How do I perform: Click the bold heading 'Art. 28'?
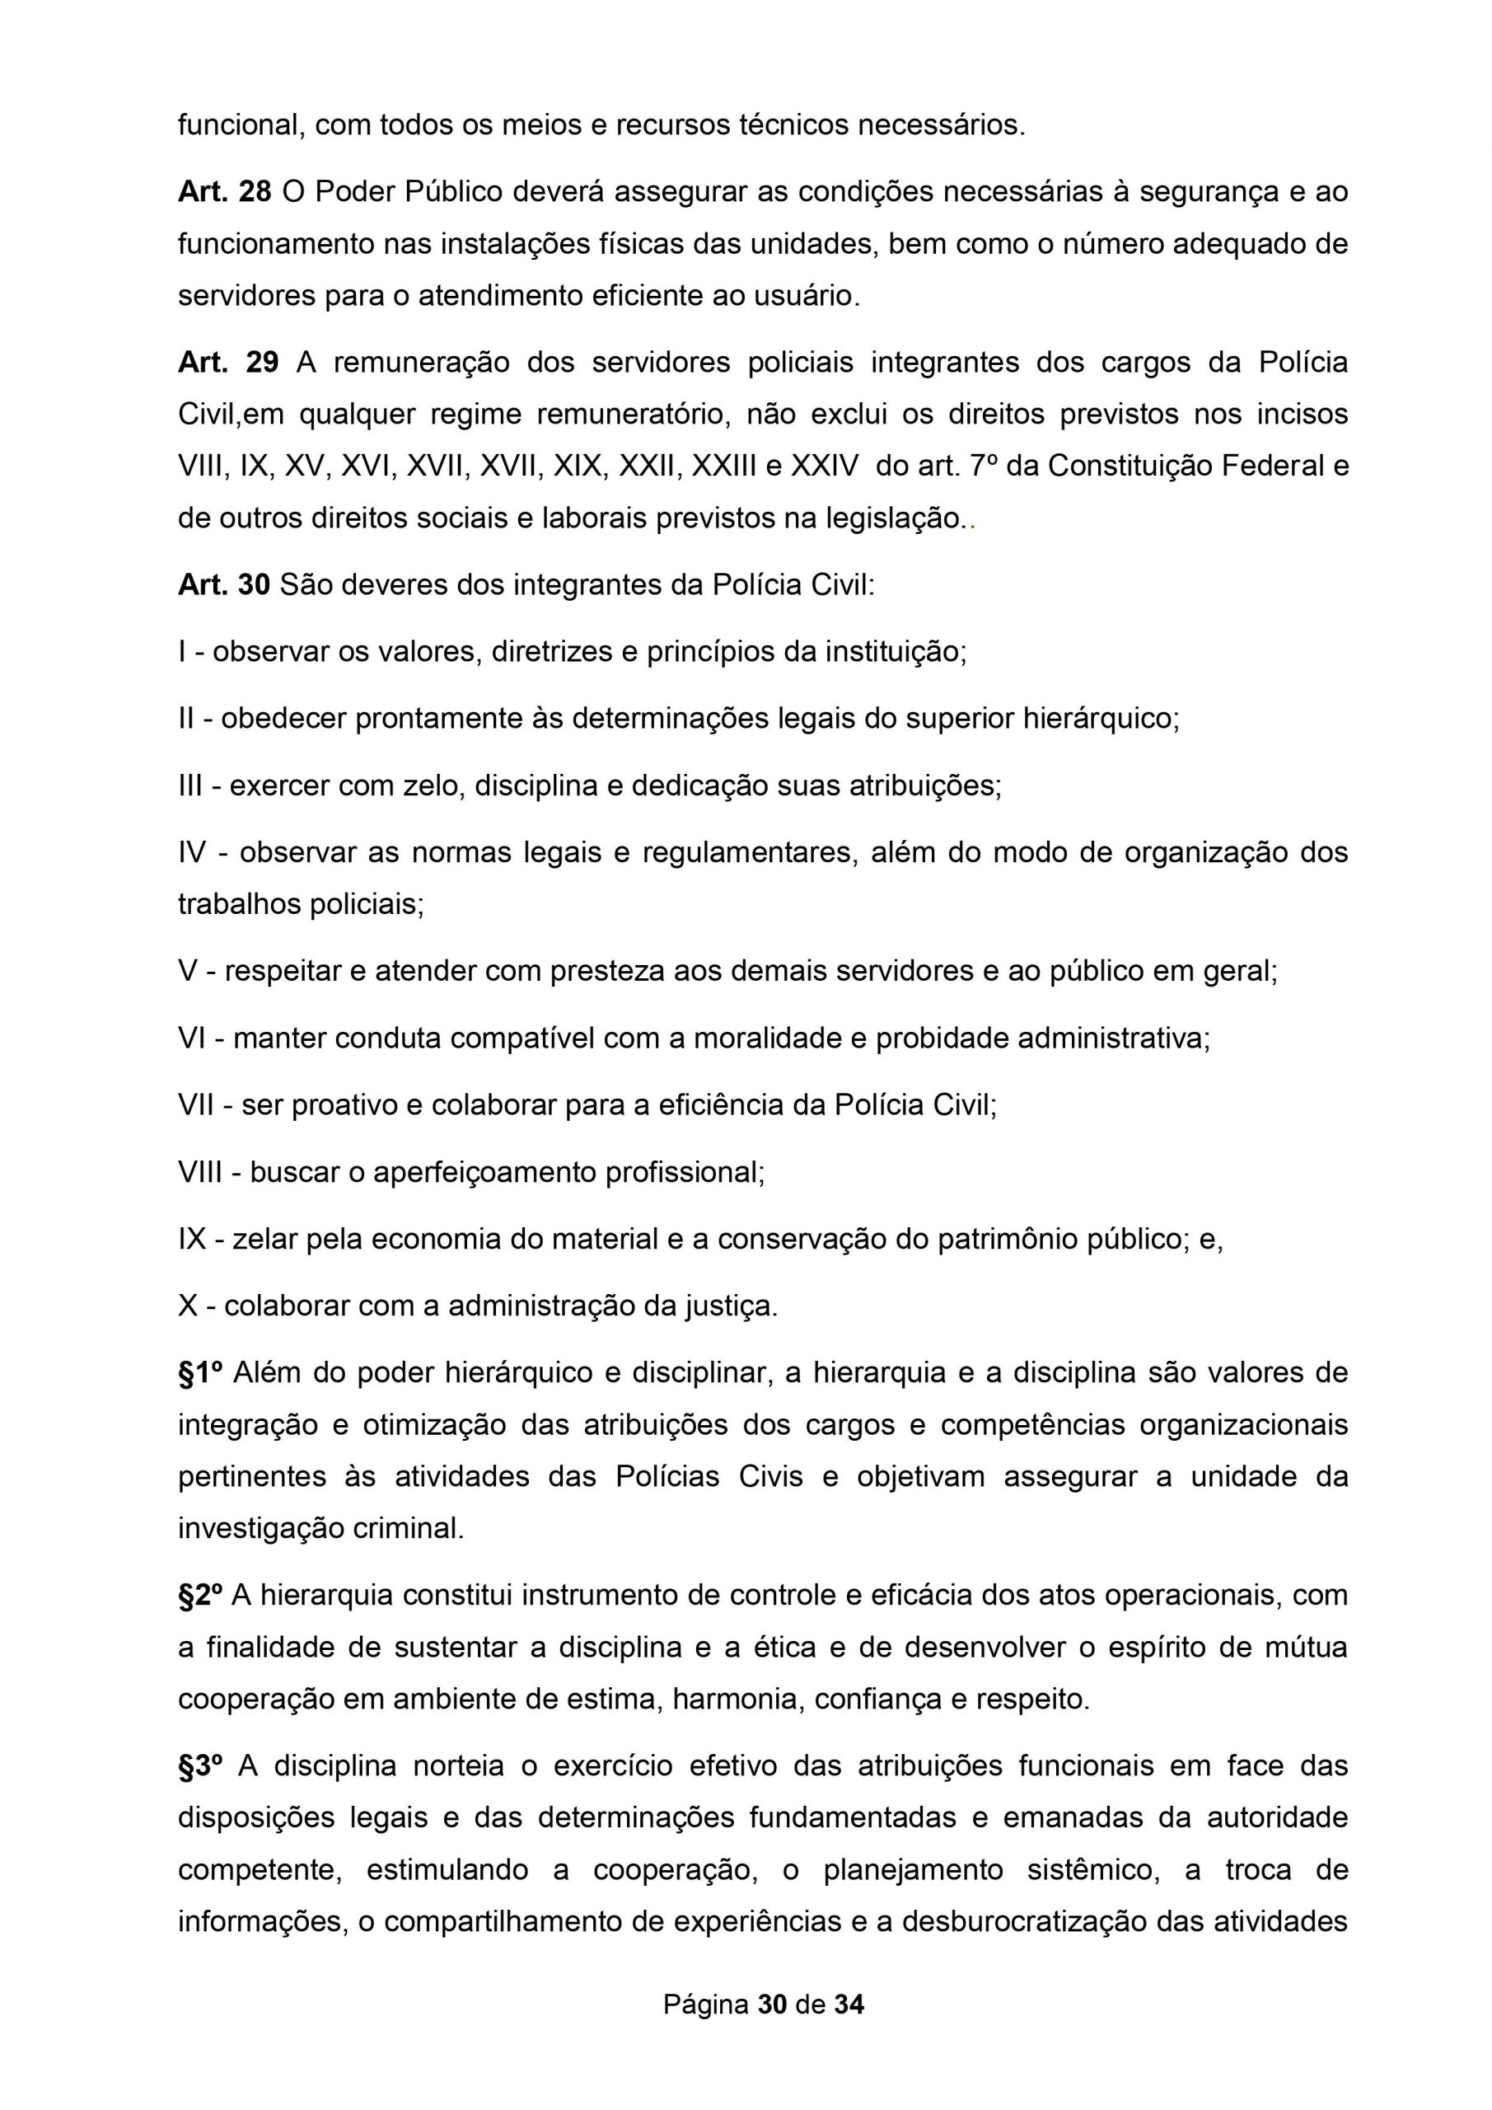(x=224, y=192)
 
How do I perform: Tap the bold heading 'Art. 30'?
(x=224, y=584)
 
